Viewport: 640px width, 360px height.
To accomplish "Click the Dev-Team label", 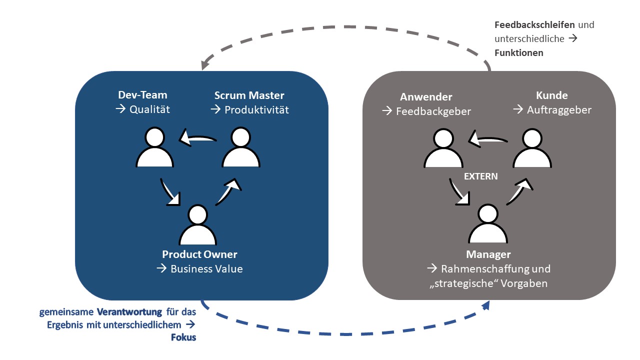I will [x=142, y=95].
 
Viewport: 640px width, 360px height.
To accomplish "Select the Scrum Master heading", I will [x=249, y=95].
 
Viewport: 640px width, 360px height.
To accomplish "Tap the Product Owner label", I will [x=199, y=254].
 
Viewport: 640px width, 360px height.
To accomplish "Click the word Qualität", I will [x=149, y=109].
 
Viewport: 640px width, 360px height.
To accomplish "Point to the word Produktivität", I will [x=256, y=109].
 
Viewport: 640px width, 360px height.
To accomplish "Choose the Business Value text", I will [x=206, y=269].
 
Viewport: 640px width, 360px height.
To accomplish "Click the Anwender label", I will [x=426, y=97].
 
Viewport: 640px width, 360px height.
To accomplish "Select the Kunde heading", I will [x=552, y=95].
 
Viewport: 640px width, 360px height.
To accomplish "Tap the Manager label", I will [x=488, y=254].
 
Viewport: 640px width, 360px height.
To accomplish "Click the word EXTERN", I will [x=480, y=176].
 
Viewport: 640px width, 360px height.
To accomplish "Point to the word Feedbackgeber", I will [x=433, y=111].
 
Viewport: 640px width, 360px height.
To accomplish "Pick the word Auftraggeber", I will [x=559, y=110].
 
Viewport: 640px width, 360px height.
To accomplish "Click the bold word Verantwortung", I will [x=129, y=312].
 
